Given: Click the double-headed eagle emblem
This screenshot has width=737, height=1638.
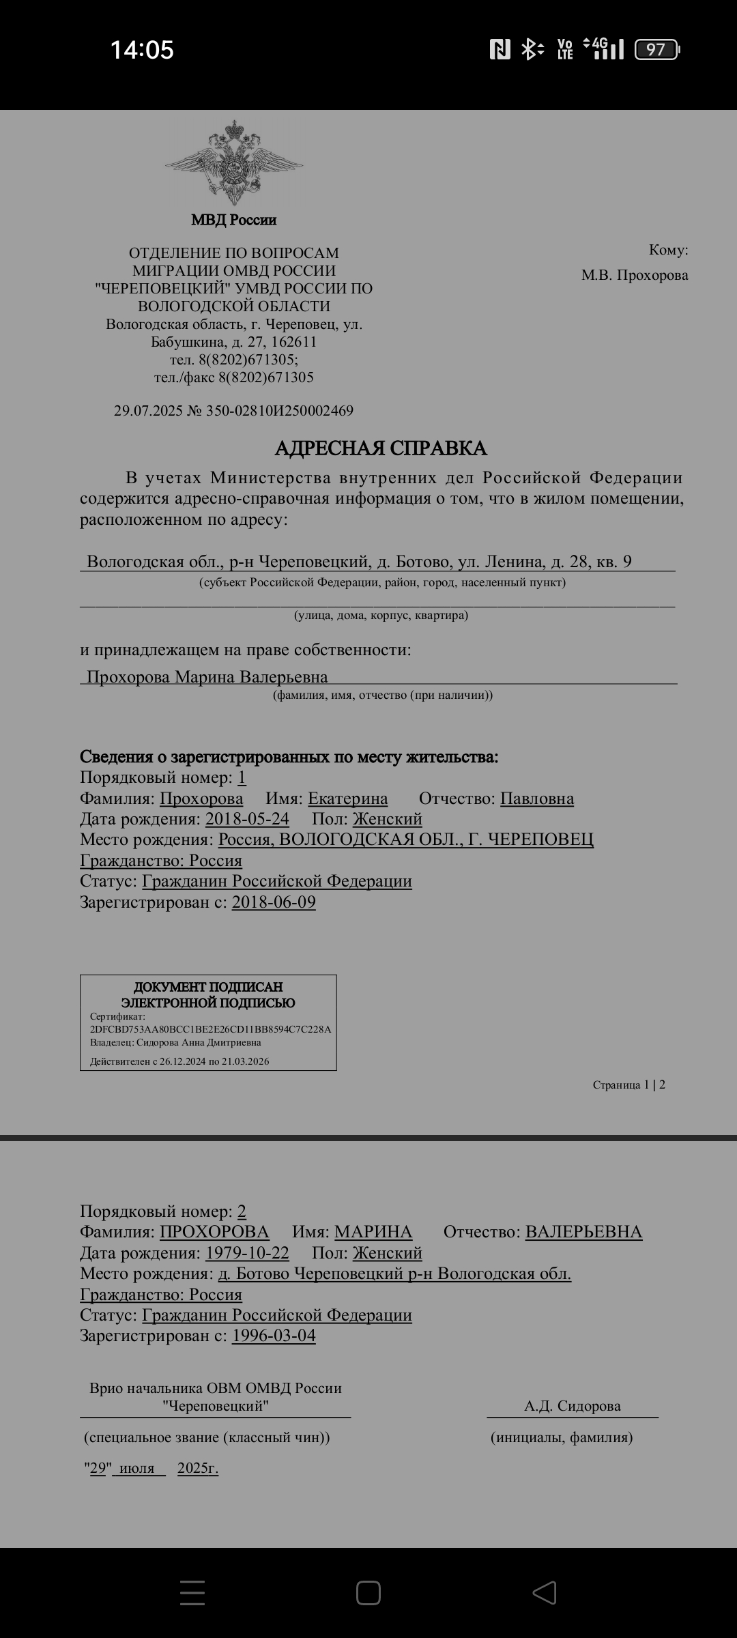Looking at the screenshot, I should coord(234,163).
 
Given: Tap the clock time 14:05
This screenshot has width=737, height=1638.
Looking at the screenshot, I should coord(142,51).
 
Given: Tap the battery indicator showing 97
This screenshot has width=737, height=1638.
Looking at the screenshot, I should coord(656,50).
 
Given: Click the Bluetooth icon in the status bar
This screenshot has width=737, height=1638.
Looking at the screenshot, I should coord(531,49).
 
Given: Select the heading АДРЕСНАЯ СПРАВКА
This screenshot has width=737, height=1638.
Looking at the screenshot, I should coord(381,448).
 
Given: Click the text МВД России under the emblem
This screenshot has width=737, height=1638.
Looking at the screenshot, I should coord(234,220).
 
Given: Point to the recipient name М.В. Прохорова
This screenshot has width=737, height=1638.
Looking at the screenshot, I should coord(635,275).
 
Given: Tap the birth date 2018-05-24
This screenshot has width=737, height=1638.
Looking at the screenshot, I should coord(247,819).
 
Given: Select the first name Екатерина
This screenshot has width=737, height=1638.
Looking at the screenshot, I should coord(347,799).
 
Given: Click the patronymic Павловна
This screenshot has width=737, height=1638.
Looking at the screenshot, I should coord(537,799).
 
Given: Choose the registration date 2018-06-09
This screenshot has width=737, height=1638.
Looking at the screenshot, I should coord(274,902).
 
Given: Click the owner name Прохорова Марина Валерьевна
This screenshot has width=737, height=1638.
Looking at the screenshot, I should coord(207,677).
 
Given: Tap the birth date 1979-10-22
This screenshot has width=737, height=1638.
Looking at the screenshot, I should coord(247,1253).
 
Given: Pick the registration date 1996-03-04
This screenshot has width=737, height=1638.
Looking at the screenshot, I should coord(274,1336).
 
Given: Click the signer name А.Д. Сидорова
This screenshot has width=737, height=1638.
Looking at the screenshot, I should coord(573,1406).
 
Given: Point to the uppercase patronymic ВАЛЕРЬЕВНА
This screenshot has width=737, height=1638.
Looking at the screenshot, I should coord(583,1232).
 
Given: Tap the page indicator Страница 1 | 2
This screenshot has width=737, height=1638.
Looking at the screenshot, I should coord(628,1084).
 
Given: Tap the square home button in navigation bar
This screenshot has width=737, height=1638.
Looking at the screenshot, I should coord(369,1593).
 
